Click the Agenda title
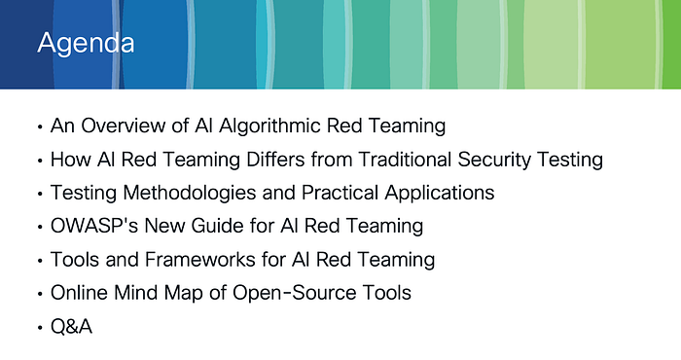click(86, 44)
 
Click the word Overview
click(123, 126)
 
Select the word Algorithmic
click(269, 126)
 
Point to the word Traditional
click(406, 160)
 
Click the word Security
click(494, 161)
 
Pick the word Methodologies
click(190, 193)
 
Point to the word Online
click(79, 293)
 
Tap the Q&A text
click(71, 326)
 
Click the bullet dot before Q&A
click(40, 327)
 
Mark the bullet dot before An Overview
click(40, 126)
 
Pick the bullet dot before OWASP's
click(40, 227)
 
